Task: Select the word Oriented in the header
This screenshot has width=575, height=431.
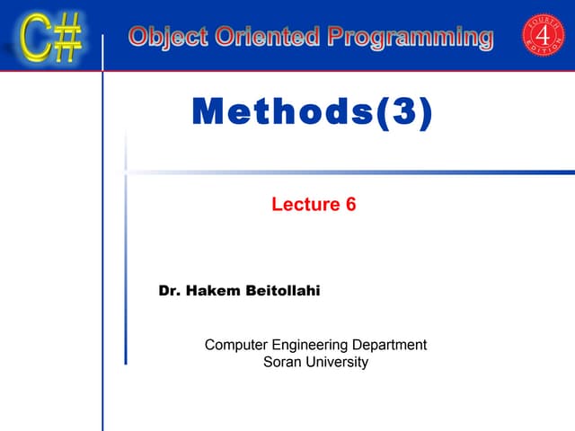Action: [x=257, y=37]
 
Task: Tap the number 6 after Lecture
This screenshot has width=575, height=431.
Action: [x=350, y=205]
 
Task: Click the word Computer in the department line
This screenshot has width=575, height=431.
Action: [x=235, y=345]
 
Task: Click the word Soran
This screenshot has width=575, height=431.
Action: [x=282, y=362]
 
